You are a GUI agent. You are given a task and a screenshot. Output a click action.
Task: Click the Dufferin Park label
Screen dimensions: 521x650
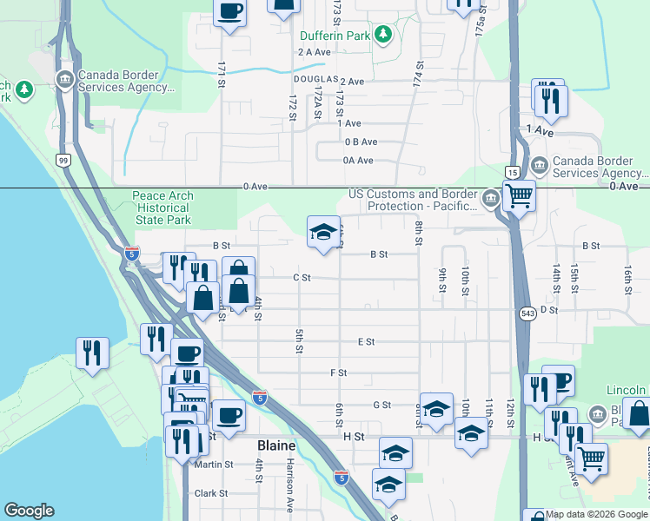pos(335,36)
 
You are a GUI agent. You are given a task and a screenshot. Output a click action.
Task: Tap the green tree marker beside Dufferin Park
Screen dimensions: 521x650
pos(383,36)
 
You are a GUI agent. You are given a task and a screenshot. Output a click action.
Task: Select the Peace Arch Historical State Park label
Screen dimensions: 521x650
pos(162,208)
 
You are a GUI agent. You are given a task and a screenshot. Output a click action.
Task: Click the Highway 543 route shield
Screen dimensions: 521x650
pos(527,312)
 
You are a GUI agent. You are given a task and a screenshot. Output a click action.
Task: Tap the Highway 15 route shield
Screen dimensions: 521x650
pos(514,173)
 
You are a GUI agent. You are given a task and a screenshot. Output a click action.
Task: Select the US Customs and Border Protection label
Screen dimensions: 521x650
pos(413,201)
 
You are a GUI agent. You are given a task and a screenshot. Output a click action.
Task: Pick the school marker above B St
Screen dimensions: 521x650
pos(324,232)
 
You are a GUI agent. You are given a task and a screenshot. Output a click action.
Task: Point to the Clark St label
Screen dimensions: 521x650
pos(211,493)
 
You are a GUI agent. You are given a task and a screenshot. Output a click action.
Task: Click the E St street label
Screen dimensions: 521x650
pos(366,342)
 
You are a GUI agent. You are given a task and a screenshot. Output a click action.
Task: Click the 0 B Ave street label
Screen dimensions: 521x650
pos(361,142)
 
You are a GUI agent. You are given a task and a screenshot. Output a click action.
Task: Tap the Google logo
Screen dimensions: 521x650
pos(30,511)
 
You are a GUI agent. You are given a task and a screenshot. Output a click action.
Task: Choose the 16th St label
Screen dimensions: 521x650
pos(627,279)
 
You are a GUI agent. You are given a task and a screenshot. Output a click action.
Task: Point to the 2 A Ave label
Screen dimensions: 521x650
pos(315,52)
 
